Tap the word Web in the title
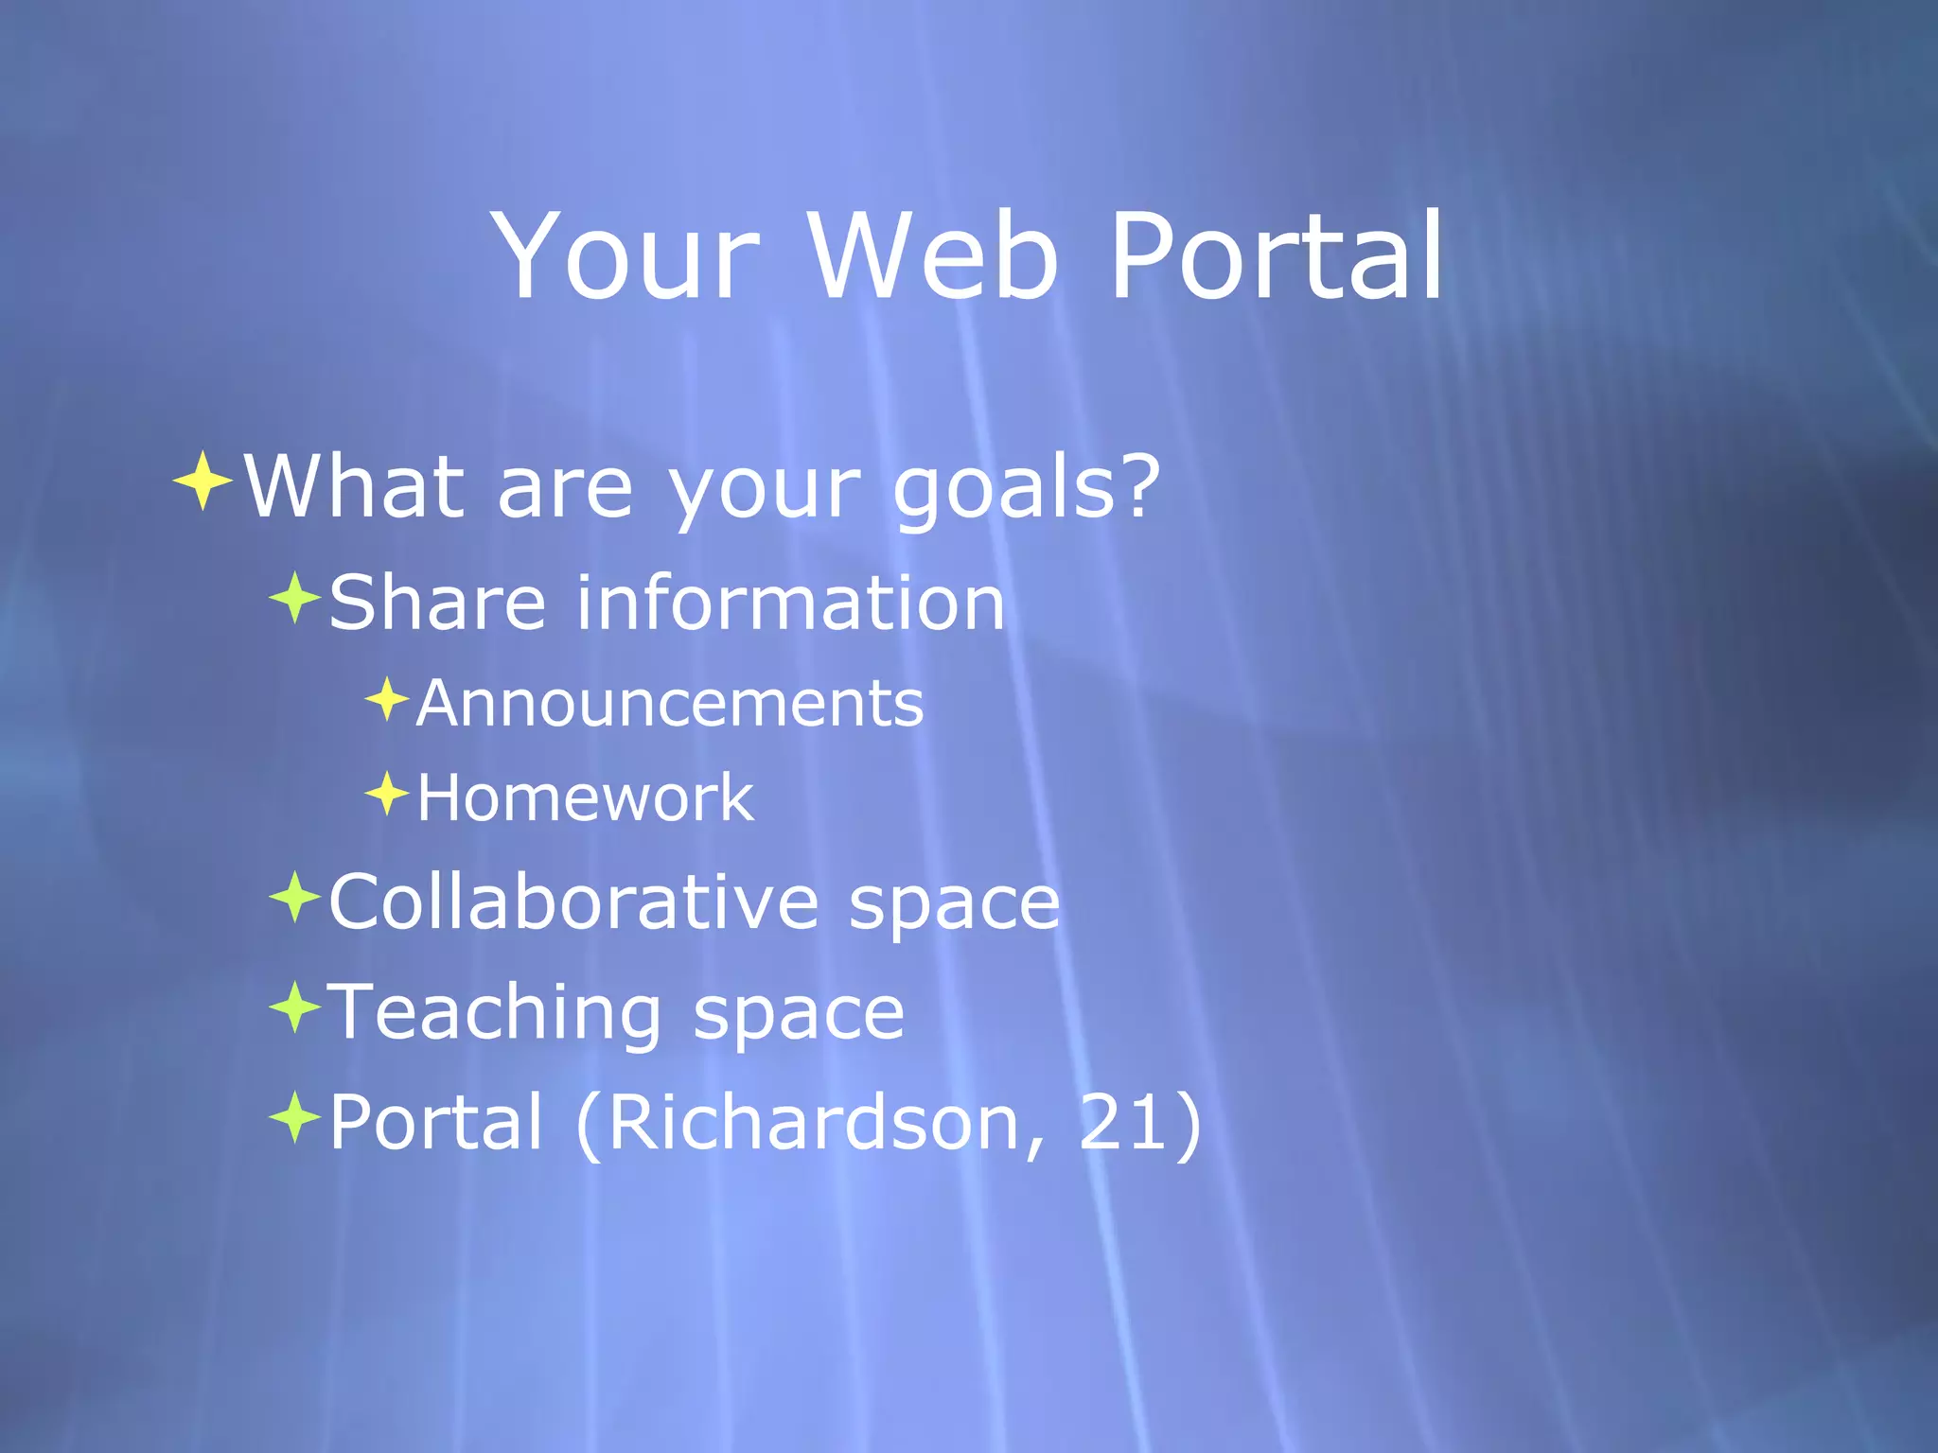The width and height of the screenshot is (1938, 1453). point(932,257)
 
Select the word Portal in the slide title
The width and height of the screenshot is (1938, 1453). point(1276,257)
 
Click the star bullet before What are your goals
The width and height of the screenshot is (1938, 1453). point(203,481)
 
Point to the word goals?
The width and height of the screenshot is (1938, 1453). point(1026,490)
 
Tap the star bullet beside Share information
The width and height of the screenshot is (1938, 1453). point(295,598)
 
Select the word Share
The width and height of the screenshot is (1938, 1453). point(437,603)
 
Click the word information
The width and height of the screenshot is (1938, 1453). point(790,603)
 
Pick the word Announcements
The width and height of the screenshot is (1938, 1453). point(670,704)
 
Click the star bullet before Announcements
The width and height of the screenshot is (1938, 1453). point(386,700)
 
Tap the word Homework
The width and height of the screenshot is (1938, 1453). point(585,797)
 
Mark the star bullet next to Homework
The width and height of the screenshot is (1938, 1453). point(386,794)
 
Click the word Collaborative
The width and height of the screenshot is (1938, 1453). point(573,902)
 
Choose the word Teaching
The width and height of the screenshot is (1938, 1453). point(494,1012)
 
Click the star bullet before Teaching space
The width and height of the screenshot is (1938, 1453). point(295,1007)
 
